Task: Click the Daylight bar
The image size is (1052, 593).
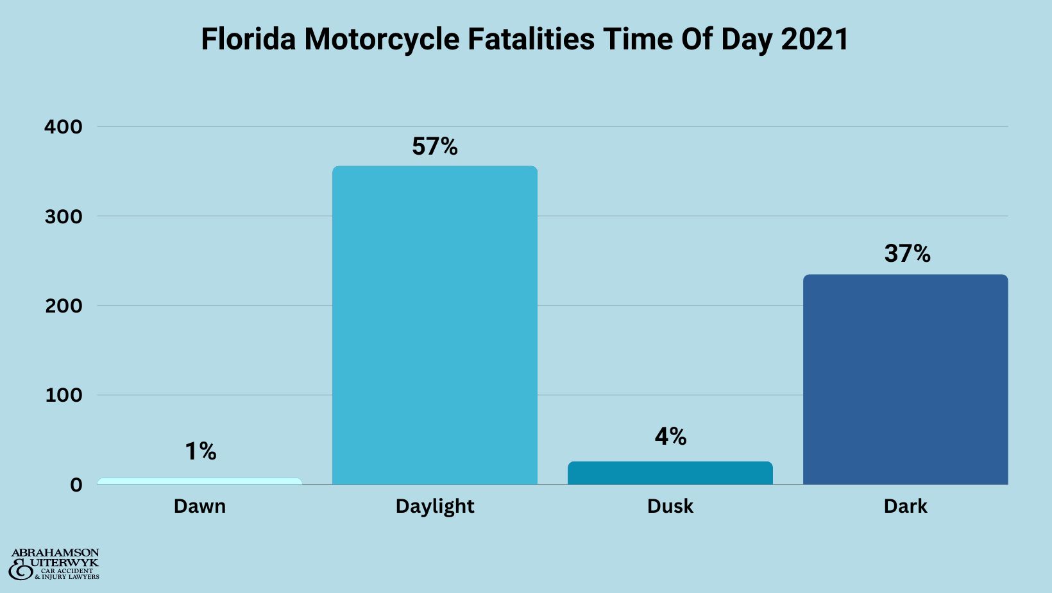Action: click(434, 325)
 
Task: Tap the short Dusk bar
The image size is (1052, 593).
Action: click(670, 473)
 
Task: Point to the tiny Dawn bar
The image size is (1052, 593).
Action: click(199, 481)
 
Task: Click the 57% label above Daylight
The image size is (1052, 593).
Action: click(434, 147)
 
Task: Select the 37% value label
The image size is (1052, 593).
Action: click(906, 254)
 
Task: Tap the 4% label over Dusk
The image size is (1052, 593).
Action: click(670, 437)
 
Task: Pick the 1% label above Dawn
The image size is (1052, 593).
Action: click(200, 452)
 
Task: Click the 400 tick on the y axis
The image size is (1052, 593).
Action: click(63, 127)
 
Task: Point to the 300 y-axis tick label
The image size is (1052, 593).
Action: click(63, 217)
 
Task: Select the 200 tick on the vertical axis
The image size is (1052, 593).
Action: click(63, 306)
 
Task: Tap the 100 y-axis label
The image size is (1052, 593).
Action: click(63, 395)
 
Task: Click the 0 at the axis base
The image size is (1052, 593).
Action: click(76, 485)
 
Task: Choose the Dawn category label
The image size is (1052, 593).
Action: click(199, 506)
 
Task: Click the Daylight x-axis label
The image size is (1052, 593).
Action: click(434, 507)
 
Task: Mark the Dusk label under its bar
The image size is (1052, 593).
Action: click(670, 506)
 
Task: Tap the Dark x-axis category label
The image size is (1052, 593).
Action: click(905, 506)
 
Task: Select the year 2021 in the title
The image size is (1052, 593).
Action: click(815, 39)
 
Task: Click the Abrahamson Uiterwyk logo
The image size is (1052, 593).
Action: click(55, 565)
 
